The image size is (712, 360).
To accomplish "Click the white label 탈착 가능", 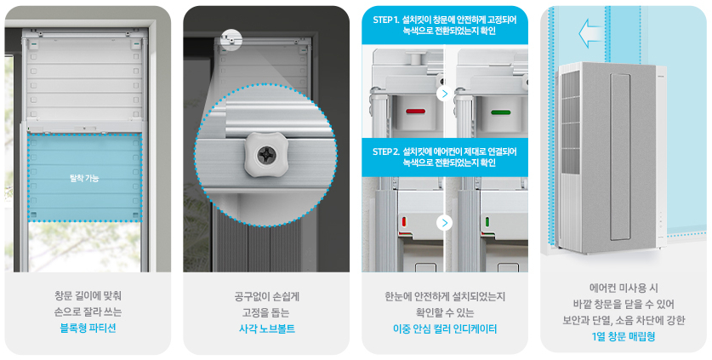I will point(85,178).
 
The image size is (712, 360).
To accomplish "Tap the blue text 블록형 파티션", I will point(88,328).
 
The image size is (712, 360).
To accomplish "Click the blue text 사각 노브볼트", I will point(266,328).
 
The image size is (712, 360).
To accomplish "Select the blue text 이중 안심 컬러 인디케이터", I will point(445,328).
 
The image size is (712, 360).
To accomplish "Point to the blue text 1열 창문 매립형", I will point(624,336).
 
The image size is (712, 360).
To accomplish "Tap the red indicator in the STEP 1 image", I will point(416,111).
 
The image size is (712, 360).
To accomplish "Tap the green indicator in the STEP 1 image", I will point(503,111).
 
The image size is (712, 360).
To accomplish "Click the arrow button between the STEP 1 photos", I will point(443,94).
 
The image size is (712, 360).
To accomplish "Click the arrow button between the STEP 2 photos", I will point(443,223).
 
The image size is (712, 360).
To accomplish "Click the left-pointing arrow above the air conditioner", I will point(589,34).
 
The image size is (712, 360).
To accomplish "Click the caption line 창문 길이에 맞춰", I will point(88,296).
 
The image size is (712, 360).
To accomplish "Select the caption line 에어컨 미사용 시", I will point(624,288).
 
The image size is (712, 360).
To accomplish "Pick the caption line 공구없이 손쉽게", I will point(266,296).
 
